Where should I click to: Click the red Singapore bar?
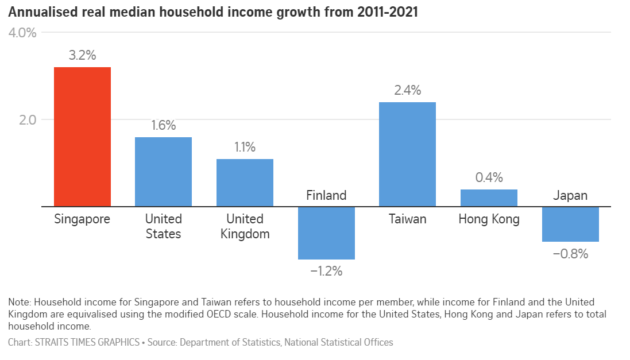pos(82,137)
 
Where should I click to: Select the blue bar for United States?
pos(163,172)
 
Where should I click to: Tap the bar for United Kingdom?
pos(245,183)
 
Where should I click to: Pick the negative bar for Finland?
pos(326,233)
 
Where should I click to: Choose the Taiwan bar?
pos(407,154)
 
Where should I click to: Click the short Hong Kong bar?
pos(489,198)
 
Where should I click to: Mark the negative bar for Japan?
pos(570,224)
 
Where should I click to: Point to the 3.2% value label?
pos(82,56)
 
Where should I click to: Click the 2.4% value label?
pos(407,90)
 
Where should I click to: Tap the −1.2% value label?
pos(326,271)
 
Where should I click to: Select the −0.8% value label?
pos(570,253)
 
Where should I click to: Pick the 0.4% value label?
pos(489,177)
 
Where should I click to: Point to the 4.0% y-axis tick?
pos(22,33)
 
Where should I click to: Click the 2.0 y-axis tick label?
pos(26,120)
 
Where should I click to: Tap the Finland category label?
pos(326,195)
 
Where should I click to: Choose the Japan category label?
pos(570,195)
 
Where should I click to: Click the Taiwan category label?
pos(407,219)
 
